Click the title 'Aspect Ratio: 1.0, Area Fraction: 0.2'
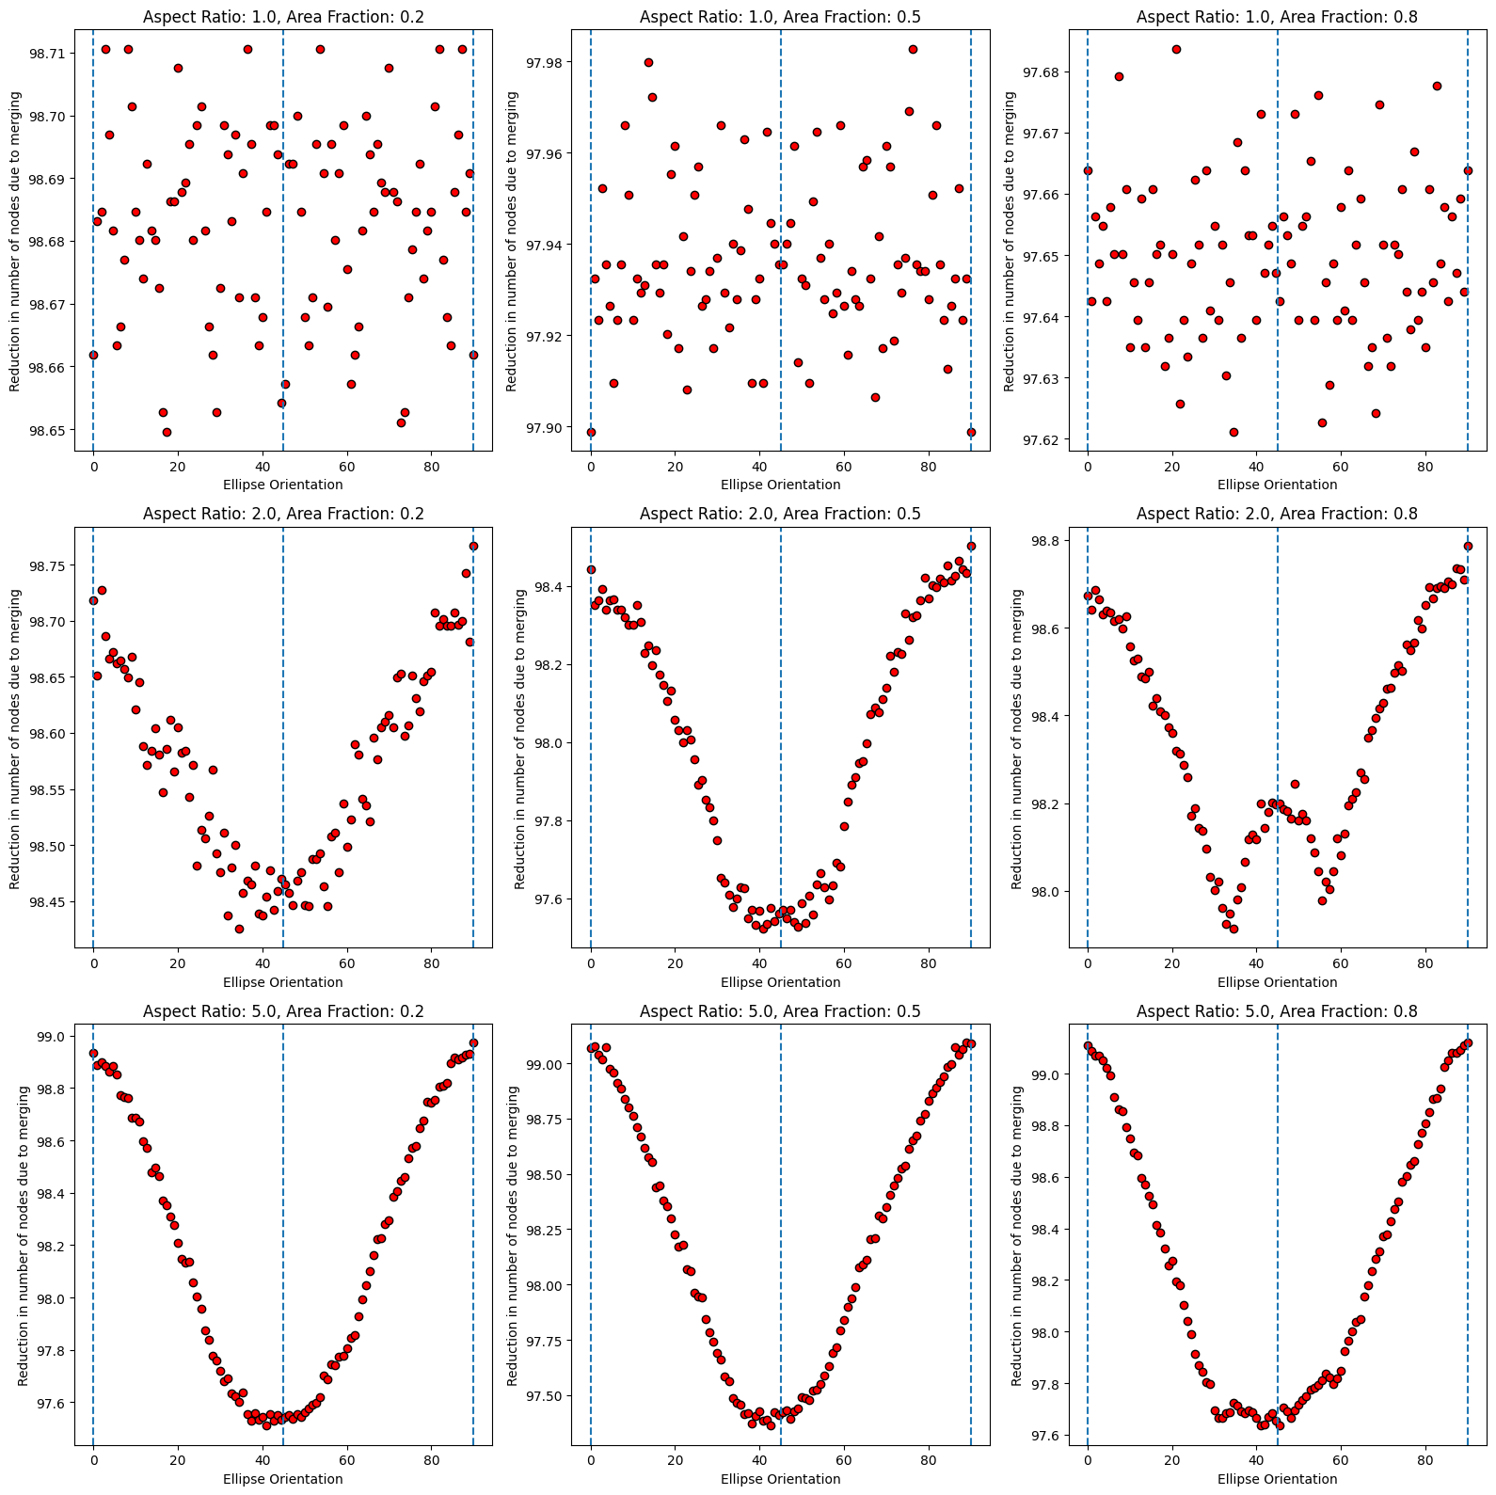(283, 17)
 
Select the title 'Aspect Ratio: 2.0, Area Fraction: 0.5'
(780, 514)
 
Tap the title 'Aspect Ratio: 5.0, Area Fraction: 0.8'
(1277, 1011)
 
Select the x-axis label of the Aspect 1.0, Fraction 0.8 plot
(1277, 485)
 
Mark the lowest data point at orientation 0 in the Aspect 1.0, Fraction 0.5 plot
(591, 432)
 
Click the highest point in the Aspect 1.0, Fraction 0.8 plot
(1176, 49)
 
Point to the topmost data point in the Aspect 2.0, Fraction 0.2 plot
(473, 546)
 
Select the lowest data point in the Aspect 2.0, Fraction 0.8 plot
(1233, 929)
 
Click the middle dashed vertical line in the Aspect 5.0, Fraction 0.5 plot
(781, 1223)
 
